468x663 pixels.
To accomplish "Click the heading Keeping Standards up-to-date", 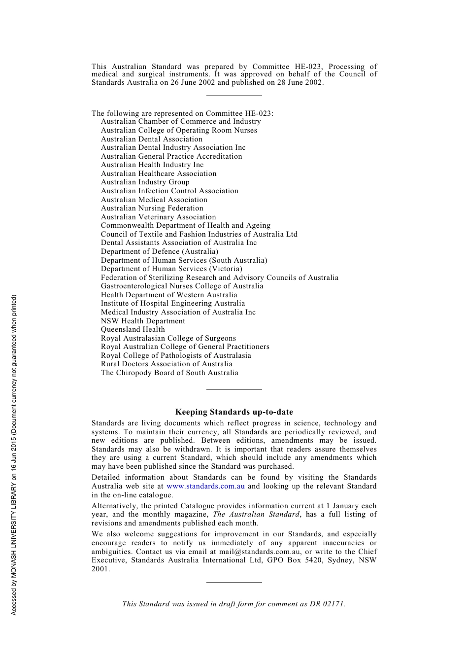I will [x=234, y=412].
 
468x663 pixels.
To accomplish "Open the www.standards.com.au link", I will [x=205, y=486].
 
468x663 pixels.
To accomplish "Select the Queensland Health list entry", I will [x=133, y=329].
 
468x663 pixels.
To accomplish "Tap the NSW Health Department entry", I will [x=143, y=321].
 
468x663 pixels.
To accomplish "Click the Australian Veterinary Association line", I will [x=158, y=217].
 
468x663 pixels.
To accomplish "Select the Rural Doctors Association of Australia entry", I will [x=167, y=364].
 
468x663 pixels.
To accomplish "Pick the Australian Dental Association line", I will [x=151, y=139].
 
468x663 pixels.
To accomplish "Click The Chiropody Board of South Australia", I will [x=169, y=373].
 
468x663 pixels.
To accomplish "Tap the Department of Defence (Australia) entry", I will [x=159, y=251].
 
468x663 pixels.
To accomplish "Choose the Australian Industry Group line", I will [x=145, y=182].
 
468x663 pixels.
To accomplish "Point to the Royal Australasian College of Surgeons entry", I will [x=168, y=338].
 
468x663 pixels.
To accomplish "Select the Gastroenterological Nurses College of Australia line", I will [x=182, y=286].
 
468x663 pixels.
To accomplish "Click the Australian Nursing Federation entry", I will [x=152, y=208].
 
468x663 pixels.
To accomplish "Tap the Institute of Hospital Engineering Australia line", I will [x=172, y=303].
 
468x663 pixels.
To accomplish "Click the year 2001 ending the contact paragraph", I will [x=100, y=569].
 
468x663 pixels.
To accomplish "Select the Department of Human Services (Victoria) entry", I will [x=171, y=269].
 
